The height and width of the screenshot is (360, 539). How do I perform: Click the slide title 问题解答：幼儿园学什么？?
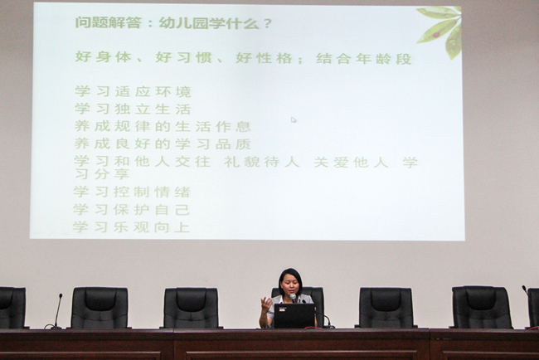173,23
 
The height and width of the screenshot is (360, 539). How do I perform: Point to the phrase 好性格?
264,58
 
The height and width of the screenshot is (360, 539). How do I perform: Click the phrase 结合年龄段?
364,58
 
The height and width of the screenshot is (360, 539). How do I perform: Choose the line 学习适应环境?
133,91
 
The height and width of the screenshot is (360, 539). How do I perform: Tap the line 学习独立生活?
133,109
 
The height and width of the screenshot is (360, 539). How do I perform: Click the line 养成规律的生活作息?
163,126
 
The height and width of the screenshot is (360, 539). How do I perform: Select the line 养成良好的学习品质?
163,144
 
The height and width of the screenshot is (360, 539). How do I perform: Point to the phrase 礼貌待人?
262,162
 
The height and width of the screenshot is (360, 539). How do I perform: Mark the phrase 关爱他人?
351,162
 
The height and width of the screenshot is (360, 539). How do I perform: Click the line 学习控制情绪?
132,192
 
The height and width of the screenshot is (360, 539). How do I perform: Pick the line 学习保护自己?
131,209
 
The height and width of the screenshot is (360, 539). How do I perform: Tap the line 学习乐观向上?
131,227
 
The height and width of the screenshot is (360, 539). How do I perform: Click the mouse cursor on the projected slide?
294,120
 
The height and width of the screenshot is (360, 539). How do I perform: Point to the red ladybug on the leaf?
436,35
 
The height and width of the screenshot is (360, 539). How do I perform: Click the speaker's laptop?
294,316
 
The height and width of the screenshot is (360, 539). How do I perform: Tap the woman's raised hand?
266,305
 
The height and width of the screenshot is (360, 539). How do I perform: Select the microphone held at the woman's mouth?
293,298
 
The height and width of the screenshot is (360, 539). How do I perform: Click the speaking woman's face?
290,285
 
